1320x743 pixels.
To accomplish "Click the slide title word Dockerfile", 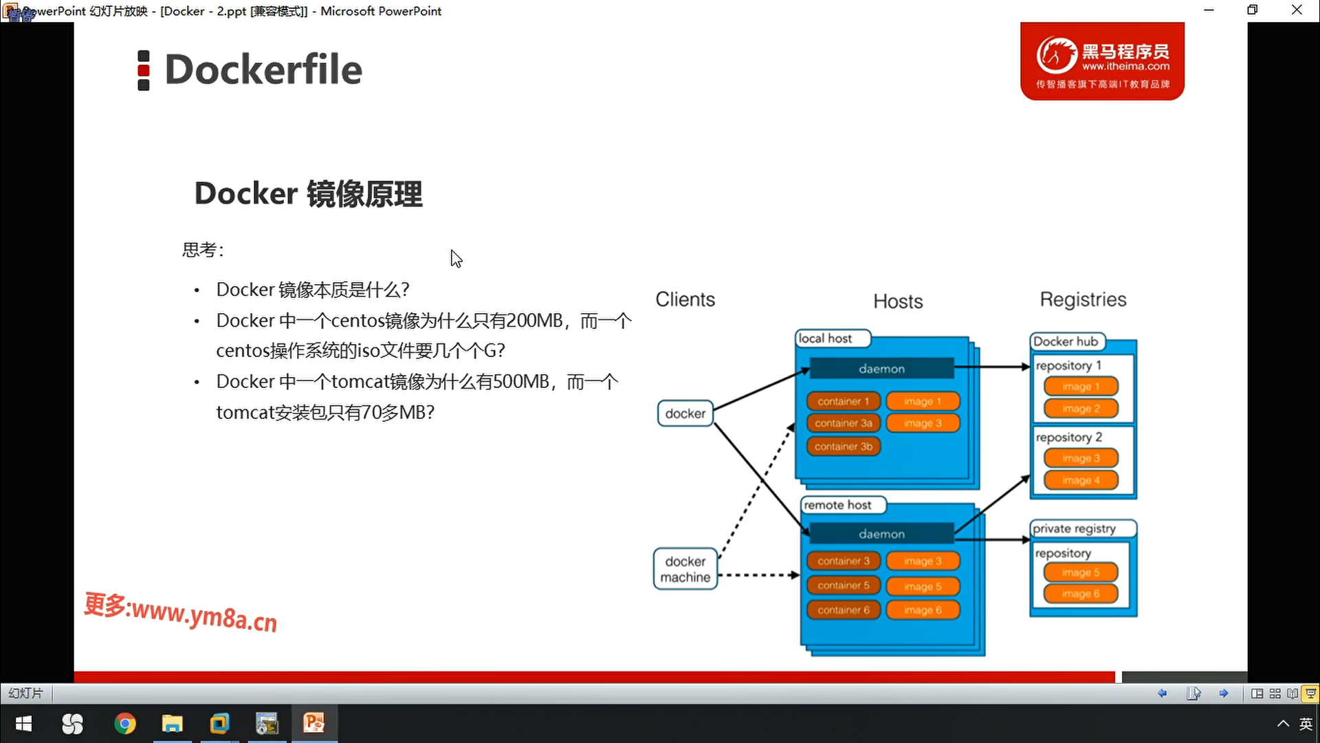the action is [x=263, y=69].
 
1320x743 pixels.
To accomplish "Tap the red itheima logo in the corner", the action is [x=1102, y=61].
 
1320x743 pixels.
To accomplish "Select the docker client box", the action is [x=685, y=413].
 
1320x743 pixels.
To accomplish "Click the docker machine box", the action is [x=685, y=569].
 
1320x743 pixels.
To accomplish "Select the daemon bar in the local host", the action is [x=881, y=369].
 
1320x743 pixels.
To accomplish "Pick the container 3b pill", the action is [x=844, y=446].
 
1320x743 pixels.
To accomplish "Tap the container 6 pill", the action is [x=844, y=610].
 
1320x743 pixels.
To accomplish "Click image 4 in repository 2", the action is [x=1081, y=480].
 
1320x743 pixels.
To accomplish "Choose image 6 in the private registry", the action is [x=1081, y=594].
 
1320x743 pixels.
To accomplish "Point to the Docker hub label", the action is [x=1066, y=341].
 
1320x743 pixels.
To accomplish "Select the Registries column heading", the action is [x=1083, y=299].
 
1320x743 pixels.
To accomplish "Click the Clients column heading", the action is [x=685, y=299].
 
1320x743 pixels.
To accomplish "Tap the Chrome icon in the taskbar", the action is [x=124, y=724].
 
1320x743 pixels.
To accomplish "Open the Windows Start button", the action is [x=23, y=724].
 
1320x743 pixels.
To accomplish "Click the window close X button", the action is [x=1297, y=10].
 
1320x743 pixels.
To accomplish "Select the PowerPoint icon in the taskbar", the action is [x=314, y=723].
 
